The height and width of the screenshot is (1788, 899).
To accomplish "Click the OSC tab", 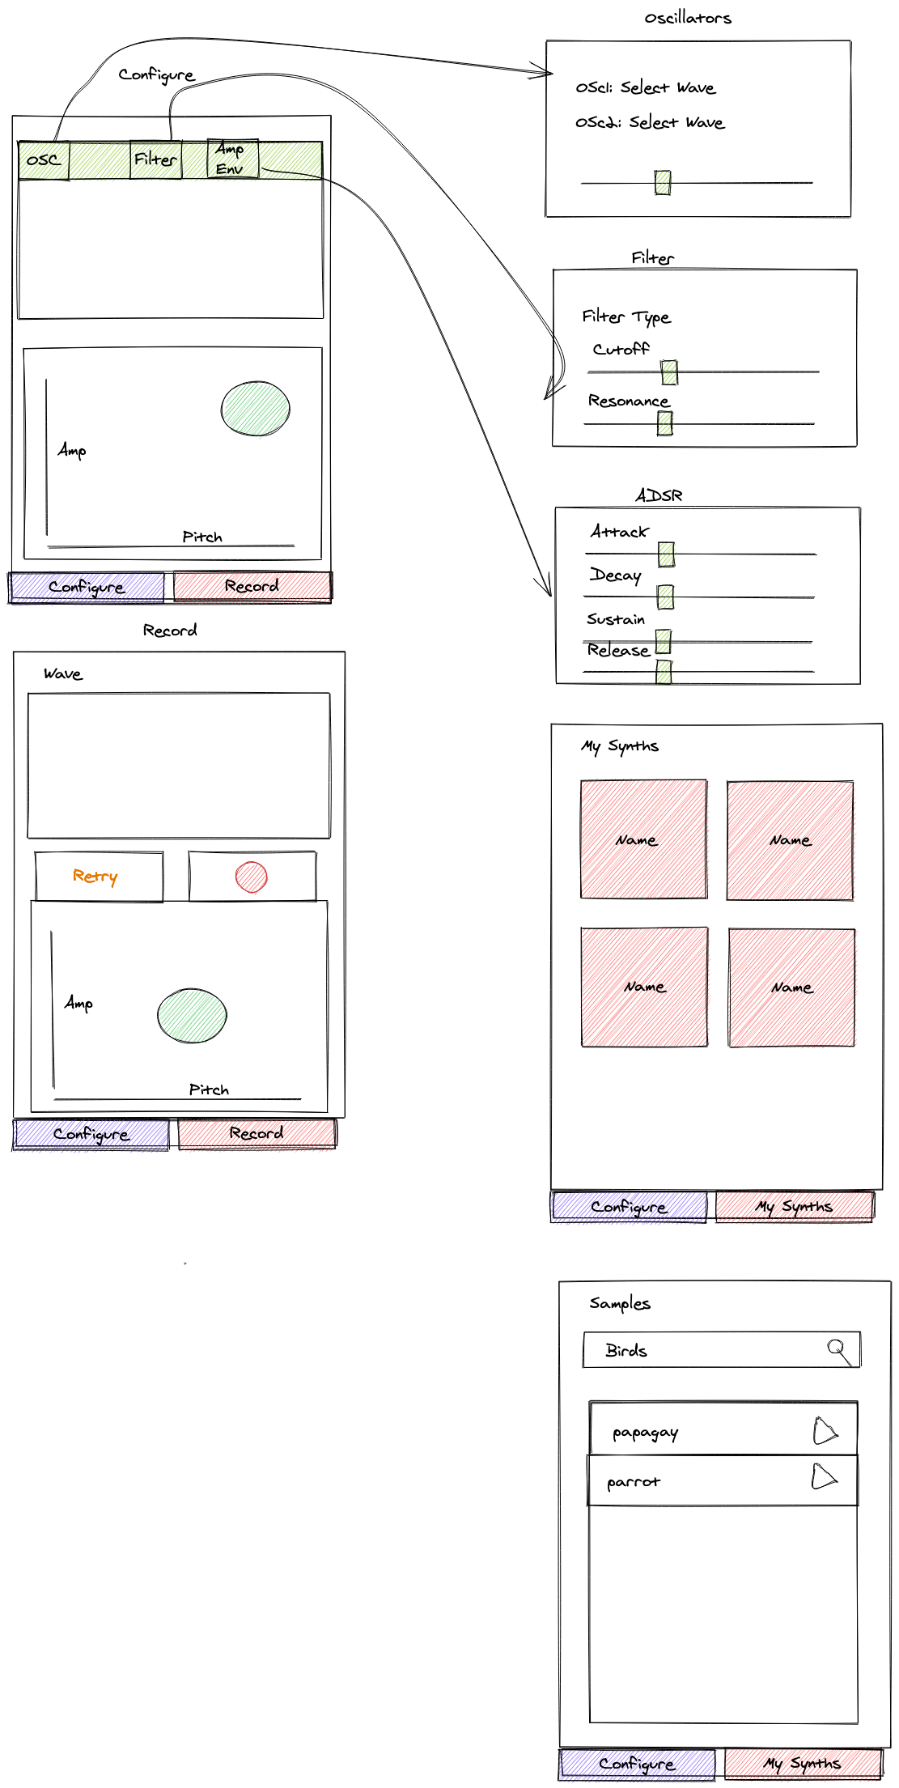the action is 44,160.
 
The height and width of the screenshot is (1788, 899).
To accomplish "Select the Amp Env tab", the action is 233,159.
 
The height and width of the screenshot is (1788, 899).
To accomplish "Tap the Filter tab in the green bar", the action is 155,159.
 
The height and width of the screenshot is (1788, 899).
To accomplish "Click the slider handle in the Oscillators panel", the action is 663,183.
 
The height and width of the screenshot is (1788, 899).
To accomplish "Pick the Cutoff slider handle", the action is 669,372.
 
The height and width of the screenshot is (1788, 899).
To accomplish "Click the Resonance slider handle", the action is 665,423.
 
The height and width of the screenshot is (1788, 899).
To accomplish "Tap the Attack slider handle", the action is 666,554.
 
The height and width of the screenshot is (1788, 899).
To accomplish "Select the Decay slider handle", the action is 666,597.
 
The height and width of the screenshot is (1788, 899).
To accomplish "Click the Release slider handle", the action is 664,672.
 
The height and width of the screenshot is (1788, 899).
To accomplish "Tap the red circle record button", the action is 252,877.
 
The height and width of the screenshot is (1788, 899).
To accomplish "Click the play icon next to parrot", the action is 824,1476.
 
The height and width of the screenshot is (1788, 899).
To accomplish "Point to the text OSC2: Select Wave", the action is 650,122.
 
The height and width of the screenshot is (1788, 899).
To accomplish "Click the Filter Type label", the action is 626,316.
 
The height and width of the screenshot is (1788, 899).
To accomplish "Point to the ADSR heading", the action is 659,495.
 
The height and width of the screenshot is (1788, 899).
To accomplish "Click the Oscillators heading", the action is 688,18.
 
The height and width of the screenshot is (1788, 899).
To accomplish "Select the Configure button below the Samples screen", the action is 637,1764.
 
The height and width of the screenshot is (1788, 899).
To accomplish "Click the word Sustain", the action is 616,619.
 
